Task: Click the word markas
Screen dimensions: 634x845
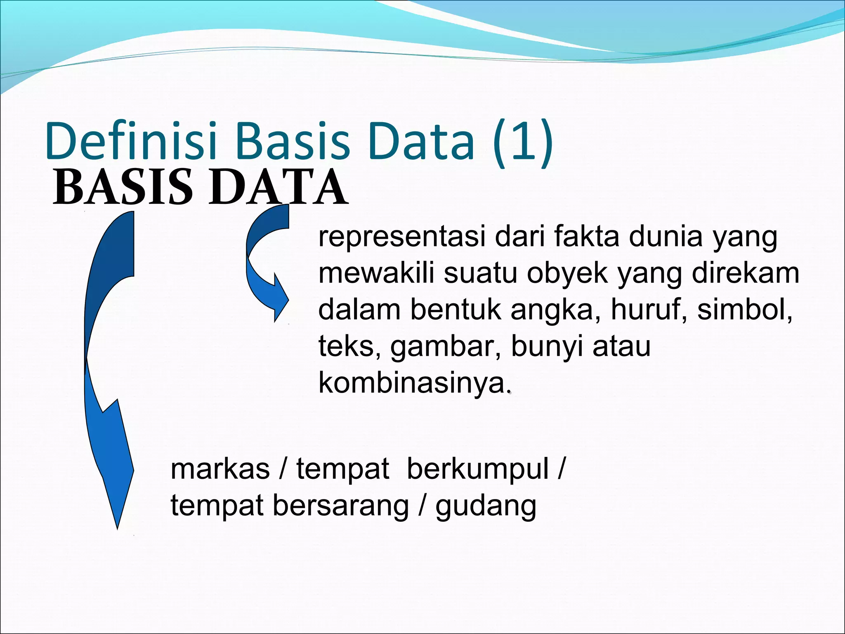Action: point(220,469)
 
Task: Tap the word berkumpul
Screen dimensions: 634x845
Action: point(478,469)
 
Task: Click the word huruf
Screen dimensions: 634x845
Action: point(648,310)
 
